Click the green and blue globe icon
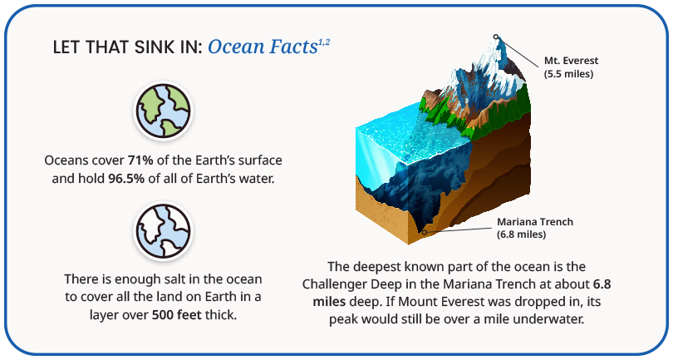163,111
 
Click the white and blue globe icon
163,230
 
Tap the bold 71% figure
140,160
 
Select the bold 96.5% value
126,178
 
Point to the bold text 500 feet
176,315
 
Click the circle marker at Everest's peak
496,37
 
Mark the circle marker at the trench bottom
425,233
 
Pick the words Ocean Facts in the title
263,47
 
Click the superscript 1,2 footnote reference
324,42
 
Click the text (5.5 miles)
568,74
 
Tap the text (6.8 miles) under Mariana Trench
522,234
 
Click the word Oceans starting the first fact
64,160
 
